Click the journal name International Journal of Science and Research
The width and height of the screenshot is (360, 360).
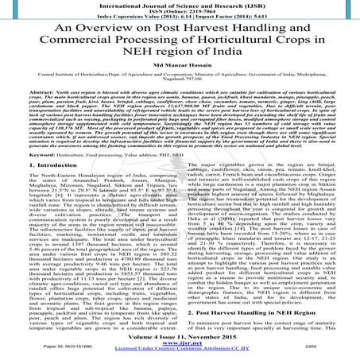(x=180, y=4)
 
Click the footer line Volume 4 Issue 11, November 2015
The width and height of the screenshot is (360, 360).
(x=180, y=339)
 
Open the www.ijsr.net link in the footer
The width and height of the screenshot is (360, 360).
(x=180, y=346)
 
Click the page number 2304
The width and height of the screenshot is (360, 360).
(x=322, y=352)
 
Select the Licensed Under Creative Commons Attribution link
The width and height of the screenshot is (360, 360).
(x=180, y=352)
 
